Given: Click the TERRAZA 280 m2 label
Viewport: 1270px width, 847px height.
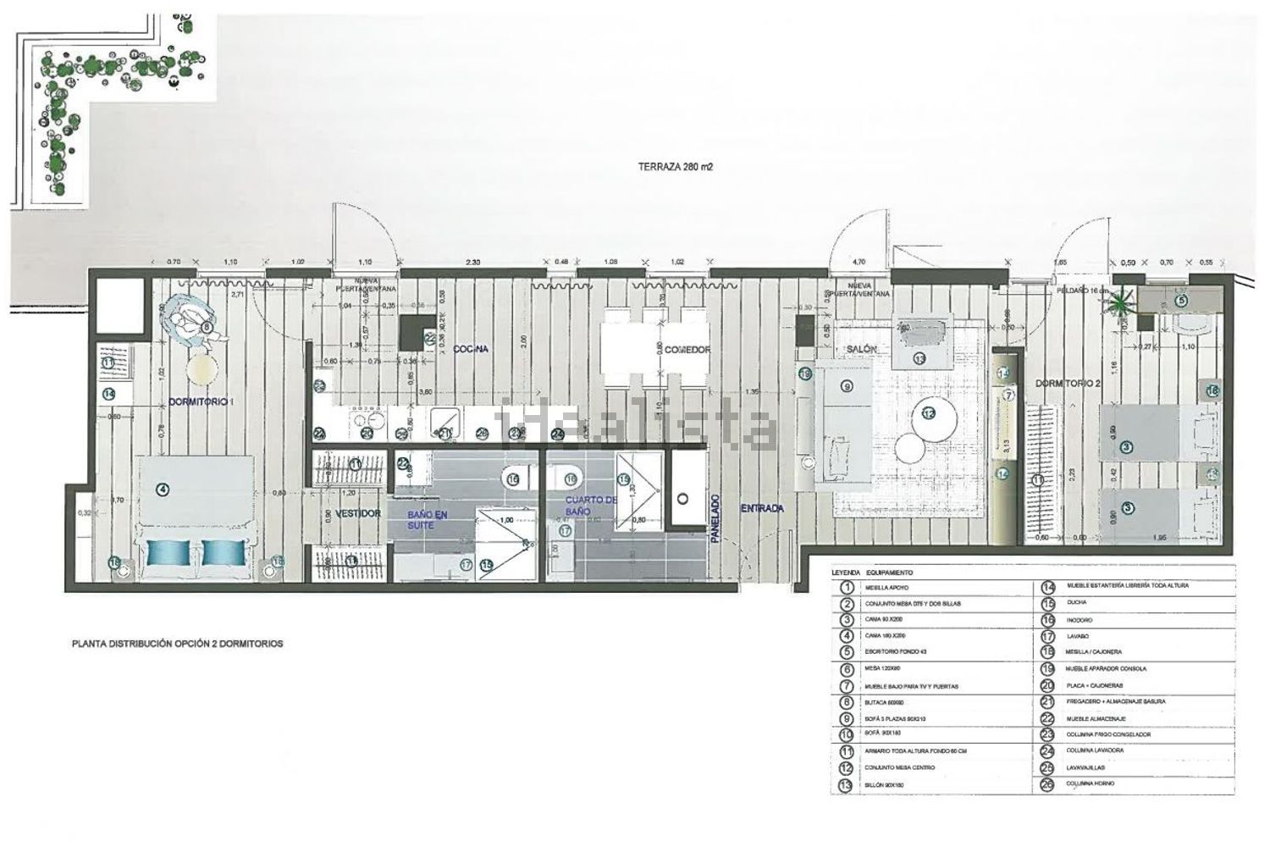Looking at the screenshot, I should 676,168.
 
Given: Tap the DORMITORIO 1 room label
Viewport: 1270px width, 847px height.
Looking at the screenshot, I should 202,403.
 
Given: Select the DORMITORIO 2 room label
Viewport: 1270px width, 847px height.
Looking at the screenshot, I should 1068,384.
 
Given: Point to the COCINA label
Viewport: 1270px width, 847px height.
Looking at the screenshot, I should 472,349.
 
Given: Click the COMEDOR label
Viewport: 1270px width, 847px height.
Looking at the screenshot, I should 687,350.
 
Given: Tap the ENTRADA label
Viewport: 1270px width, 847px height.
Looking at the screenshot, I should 762,508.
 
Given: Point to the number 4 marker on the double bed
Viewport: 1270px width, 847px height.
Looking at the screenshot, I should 163,489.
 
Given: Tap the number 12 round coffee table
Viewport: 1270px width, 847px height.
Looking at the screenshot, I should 929,414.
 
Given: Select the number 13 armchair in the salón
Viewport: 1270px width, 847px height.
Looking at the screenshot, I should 919,358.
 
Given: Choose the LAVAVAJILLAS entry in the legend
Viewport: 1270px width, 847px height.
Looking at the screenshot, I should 1087,767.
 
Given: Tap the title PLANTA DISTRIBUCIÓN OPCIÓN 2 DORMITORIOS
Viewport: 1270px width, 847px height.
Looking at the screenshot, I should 177,644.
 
